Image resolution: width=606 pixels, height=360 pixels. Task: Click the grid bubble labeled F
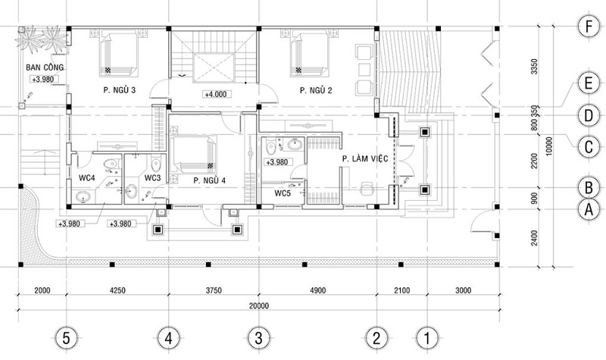tap(589, 27)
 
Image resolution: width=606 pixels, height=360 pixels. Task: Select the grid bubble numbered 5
tap(67, 339)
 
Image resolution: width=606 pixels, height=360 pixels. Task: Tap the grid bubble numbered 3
tap(258, 339)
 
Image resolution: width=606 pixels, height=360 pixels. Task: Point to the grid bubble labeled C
tap(589, 147)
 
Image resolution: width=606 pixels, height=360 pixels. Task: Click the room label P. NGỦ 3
tap(120, 90)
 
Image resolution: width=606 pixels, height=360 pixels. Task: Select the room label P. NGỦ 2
tap(316, 90)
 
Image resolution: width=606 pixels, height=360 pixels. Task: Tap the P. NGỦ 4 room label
tap(210, 180)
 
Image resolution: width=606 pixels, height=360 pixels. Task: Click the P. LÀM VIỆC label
tap(365, 158)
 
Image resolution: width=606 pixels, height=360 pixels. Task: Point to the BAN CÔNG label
tap(45, 67)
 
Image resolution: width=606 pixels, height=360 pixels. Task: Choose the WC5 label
tap(283, 193)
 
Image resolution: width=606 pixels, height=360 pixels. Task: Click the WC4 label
tap(87, 178)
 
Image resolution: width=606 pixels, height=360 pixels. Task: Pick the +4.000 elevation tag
tap(216, 94)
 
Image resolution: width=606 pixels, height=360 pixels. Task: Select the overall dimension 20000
tap(258, 306)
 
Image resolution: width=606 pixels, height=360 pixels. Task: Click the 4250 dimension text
tap(117, 290)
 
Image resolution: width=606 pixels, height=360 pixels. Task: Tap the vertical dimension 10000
tap(549, 146)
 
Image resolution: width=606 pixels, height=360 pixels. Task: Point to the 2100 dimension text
tap(402, 290)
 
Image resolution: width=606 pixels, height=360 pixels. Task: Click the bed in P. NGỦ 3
tap(118, 53)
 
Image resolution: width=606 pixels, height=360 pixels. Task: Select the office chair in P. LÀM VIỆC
tap(367, 189)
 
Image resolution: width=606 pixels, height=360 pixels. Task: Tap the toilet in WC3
tap(156, 164)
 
